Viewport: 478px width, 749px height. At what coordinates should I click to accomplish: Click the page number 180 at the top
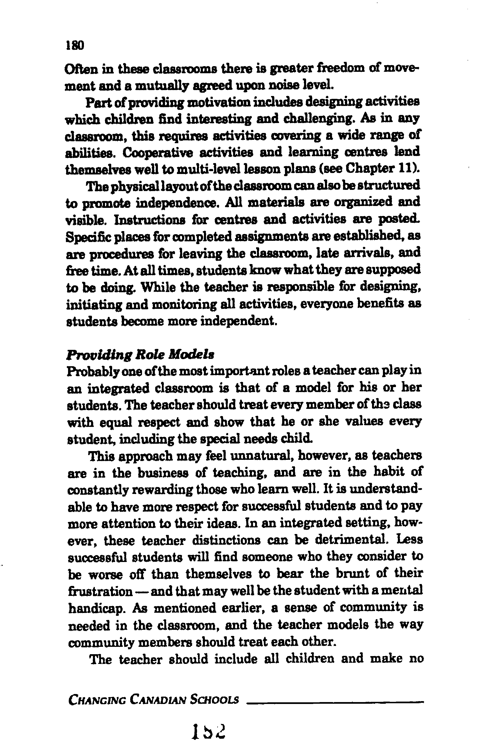click(x=75, y=46)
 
